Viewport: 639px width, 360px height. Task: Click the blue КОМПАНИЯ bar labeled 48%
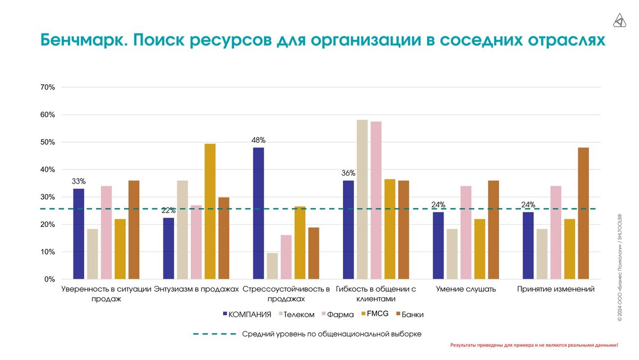(258, 213)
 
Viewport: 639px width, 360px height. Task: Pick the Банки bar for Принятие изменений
(583, 213)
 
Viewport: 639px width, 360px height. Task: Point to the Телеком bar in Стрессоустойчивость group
(272, 266)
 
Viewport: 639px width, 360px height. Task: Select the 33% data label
(78, 181)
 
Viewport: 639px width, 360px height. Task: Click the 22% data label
(168, 210)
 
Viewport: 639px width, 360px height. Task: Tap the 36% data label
(348, 173)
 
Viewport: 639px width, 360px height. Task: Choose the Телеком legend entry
(298, 314)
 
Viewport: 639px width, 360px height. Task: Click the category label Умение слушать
(465, 289)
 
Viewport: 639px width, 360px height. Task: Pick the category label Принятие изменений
(555, 289)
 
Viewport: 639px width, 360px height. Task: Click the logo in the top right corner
(619, 21)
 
